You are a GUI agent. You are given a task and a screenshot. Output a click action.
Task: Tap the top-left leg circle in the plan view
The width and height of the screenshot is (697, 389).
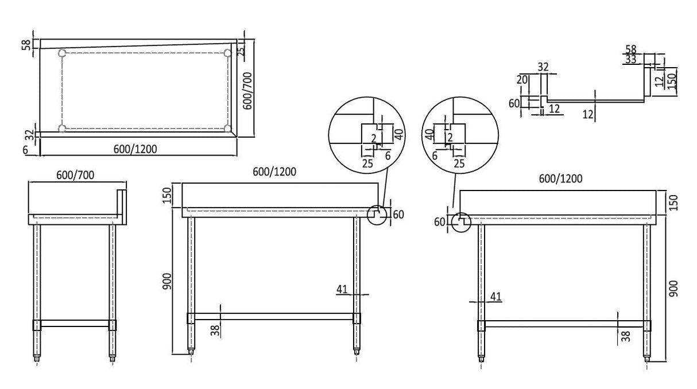click(x=63, y=53)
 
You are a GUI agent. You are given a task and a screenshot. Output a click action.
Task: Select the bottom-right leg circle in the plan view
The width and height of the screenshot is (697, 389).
click(x=228, y=128)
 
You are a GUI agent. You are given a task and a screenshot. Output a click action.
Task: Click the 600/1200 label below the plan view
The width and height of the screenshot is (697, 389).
click(x=135, y=149)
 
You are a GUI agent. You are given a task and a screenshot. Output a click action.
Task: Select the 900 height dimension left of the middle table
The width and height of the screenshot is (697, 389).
click(x=167, y=281)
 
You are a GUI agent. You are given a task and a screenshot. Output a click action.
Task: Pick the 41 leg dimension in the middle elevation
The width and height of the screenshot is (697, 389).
click(x=343, y=290)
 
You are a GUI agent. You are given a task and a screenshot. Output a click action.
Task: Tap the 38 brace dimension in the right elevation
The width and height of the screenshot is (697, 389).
click(x=626, y=334)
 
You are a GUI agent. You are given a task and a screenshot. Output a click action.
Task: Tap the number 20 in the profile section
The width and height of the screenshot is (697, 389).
click(x=521, y=80)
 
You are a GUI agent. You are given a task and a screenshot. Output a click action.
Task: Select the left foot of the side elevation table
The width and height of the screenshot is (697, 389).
click(x=38, y=360)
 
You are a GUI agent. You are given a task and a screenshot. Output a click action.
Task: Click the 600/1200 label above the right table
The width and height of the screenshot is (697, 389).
click(x=560, y=178)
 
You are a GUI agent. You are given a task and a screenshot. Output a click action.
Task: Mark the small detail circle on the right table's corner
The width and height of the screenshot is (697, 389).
click(x=461, y=221)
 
